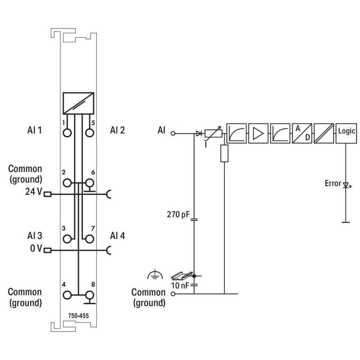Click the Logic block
[346, 134]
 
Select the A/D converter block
[302, 134]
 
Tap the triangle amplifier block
[258, 134]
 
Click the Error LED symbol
[346, 185]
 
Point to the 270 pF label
[179, 215]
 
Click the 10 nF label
[180, 285]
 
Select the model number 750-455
[78, 316]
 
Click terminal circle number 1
[67, 133]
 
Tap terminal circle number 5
[90, 133]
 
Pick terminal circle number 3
[67, 239]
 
